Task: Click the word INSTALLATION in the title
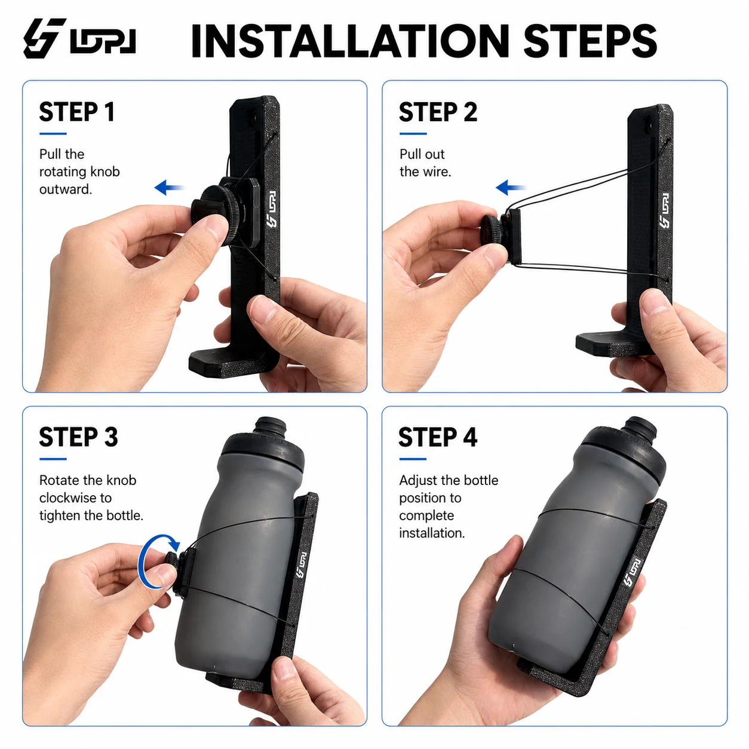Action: click(x=350, y=41)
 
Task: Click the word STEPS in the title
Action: click(x=590, y=41)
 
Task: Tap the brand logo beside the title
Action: click(x=79, y=38)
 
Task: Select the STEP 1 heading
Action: click(x=77, y=112)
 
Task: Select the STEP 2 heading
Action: click(x=438, y=112)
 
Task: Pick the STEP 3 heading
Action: click(x=78, y=437)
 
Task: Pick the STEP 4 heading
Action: click(x=438, y=437)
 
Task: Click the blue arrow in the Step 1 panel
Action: click(x=168, y=188)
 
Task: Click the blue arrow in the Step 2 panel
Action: click(x=510, y=188)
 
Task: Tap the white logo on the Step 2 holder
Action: click(x=664, y=210)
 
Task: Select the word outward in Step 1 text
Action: click(x=65, y=189)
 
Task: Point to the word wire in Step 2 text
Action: click(x=438, y=171)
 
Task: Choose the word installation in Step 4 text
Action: click(x=432, y=533)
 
